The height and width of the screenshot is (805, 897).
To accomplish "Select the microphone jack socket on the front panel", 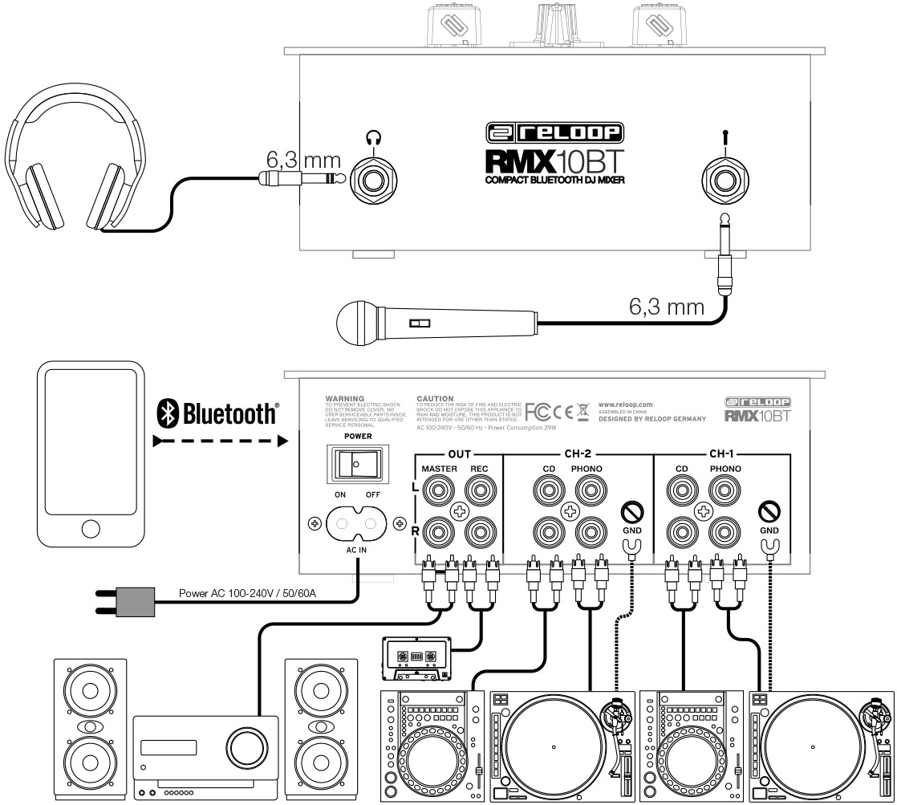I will pos(724,179).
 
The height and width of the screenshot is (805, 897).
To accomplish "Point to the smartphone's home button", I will pos(90,529).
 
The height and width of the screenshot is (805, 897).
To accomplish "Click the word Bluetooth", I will pos(230,415).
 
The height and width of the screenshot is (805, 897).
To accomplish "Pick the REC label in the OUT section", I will pos(480,469).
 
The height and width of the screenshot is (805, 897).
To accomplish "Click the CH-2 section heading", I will pos(578,453).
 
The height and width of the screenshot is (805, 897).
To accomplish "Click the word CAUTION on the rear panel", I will pos(436,398).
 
